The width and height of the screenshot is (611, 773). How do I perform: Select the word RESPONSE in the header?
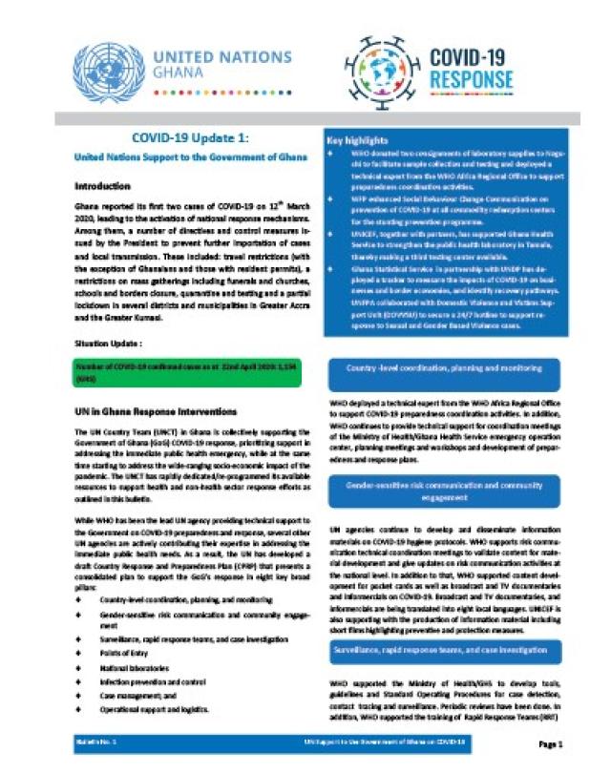[471, 78]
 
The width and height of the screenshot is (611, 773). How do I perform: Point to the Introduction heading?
[106, 186]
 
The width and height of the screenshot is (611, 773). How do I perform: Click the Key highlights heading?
[359, 140]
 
